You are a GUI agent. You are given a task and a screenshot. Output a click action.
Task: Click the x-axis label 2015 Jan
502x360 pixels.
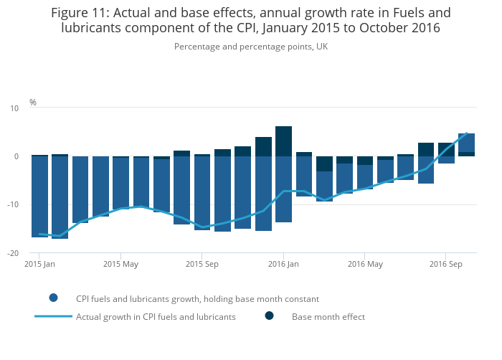pos(39,264)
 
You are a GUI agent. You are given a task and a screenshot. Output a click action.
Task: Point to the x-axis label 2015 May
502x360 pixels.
pos(120,264)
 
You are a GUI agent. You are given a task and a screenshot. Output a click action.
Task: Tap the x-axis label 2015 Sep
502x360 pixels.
pos(202,264)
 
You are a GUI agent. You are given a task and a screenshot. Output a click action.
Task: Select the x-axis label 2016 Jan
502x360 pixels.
pos(283,264)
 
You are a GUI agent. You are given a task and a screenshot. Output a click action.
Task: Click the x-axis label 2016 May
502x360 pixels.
pos(364,264)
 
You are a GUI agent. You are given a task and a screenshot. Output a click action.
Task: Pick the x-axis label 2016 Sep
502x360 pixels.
pos(445,264)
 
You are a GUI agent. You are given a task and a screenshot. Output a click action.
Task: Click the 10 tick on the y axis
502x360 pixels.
pos(14,108)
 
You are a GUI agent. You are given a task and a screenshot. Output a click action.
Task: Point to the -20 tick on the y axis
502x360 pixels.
pos(13,254)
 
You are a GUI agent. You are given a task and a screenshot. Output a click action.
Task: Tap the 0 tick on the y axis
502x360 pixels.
pos(16,156)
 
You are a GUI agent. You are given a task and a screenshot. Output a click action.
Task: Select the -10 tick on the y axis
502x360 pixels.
pos(13,205)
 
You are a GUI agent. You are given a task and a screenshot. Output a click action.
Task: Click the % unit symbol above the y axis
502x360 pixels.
pos(33,103)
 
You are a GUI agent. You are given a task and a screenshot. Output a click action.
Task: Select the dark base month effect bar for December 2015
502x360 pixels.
pos(263,146)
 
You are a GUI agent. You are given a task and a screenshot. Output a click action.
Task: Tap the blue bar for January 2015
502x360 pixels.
pos(39,196)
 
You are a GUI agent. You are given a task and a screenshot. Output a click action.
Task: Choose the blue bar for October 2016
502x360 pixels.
pos(466,143)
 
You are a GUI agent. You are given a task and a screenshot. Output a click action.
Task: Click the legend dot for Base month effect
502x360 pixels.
pos(270,316)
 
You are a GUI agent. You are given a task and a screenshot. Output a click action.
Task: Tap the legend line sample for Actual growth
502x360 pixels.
pos(54,316)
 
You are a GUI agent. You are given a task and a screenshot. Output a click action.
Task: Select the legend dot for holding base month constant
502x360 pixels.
pos(54,298)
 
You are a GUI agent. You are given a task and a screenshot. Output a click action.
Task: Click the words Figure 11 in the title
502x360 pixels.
pos(80,13)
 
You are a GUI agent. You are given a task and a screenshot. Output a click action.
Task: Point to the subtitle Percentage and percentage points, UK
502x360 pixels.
pos(250,47)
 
